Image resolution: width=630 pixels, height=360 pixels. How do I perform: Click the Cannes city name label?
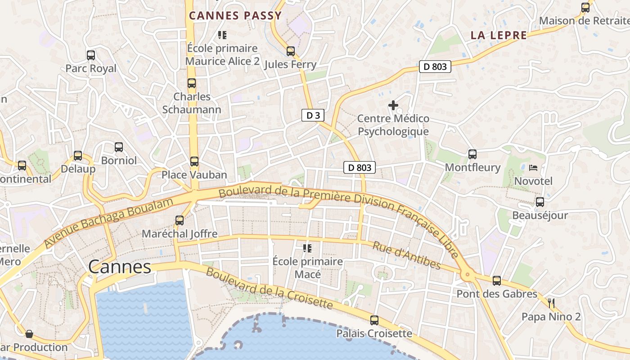(x=120, y=267)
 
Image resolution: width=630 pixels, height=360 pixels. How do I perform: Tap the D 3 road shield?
(x=313, y=115)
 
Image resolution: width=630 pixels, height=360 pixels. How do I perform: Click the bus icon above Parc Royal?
(x=91, y=55)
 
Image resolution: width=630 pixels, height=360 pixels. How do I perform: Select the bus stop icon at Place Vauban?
(x=194, y=162)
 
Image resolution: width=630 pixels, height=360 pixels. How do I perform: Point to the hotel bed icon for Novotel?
(x=533, y=168)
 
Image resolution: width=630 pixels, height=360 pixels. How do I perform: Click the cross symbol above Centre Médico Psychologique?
(x=393, y=105)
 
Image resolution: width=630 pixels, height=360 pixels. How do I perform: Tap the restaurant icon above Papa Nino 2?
(x=551, y=303)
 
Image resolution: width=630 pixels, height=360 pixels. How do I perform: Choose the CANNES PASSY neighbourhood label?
(x=235, y=16)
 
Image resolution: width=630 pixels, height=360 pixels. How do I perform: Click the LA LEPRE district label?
(x=499, y=35)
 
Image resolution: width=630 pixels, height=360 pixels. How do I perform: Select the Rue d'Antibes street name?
(x=407, y=255)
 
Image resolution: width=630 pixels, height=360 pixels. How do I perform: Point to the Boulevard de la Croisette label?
(x=270, y=289)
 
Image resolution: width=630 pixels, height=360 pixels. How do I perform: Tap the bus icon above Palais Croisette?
(x=374, y=320)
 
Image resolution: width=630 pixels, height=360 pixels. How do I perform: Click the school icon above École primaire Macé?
(x=308, y=248)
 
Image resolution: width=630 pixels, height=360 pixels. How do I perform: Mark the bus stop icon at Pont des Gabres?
(x=497, y=281)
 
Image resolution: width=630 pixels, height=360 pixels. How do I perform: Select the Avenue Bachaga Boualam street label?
(x=109, y=223)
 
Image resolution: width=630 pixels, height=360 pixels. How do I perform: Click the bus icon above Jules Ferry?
(x=291, y=51)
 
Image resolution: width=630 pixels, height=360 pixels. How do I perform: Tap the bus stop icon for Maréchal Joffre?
(x=180, y=220)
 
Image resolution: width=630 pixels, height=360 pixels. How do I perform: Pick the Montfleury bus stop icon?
(x=472, y=154)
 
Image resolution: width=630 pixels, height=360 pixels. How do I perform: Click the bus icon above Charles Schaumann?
(x=192, y=83)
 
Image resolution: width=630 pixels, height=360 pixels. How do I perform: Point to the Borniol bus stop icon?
(x=119, y=147)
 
